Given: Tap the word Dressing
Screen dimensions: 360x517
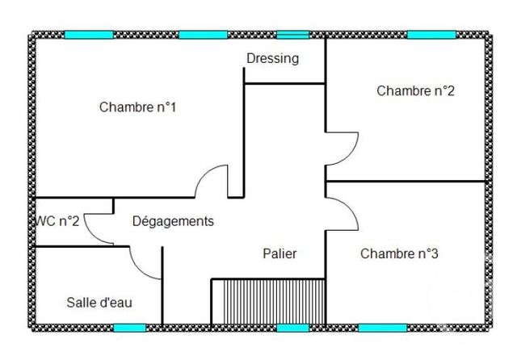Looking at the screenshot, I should tap(272, 58).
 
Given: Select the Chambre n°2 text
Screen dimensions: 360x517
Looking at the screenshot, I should tap(415, 90).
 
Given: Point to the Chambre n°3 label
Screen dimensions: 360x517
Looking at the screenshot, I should tap(399, 253).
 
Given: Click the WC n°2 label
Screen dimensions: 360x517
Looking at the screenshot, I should tap(57, 221).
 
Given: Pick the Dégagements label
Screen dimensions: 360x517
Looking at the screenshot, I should tap(173, 221).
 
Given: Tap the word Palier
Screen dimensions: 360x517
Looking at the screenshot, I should tap(280, 253).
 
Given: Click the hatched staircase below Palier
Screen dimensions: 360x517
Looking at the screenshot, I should tap(268, 302).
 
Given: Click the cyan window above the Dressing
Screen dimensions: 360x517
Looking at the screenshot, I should tap(292, 35).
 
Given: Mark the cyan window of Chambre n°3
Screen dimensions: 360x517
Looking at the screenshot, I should tap(382, 328).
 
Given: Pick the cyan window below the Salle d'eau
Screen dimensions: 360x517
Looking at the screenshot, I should tap(129, 328).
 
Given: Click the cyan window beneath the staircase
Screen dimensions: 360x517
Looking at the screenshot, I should tap(292, 328).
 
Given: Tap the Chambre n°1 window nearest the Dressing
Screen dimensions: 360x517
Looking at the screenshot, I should tap(203, 35).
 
